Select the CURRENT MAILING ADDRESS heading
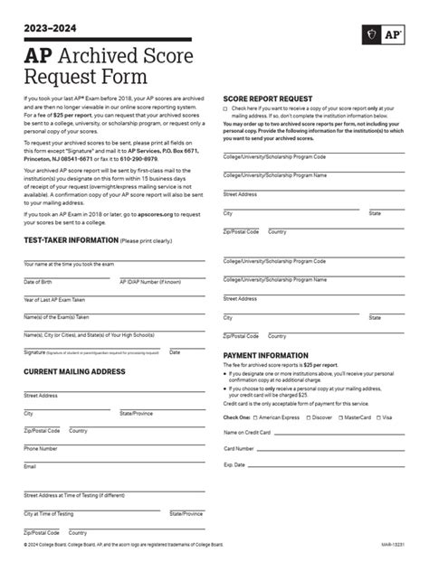pyautogui.click(x=74, y=346)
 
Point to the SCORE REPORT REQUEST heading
pyautogui.click(x=268, y=98)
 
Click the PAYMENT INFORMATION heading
pyautogui.click(x=266, y=356)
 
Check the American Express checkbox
pyautogui.click(x=254, y=417)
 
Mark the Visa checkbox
pyautogui.click(x=379, y=417)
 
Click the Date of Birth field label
pyautogui.click(x=38, y=282)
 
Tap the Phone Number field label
pyautogui.click(x=41, y=448)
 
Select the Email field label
pyautogui.click(x=30, y=466)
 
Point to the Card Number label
pyautogui.click(x=239, y=448)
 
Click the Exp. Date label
pyautogui.click(x=234, y=464)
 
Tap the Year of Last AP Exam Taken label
pyautogui.click(x=54, y=299)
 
